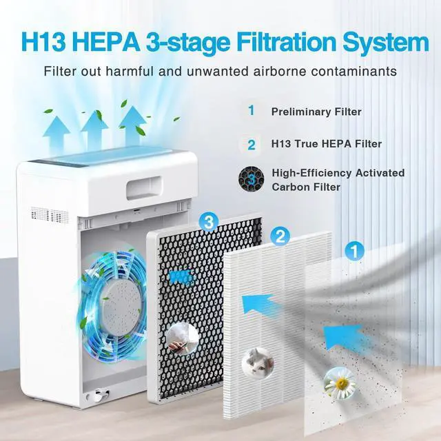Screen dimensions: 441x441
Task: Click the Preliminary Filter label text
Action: [x=316, y=111]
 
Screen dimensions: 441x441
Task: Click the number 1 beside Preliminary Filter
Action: [x=252, y=110]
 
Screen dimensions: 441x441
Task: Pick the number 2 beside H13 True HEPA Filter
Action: [x=252, y=145]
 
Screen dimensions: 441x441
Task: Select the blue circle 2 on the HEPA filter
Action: [x=280, y=236]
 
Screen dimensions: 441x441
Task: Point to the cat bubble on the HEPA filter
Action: [x=254, y=360]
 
